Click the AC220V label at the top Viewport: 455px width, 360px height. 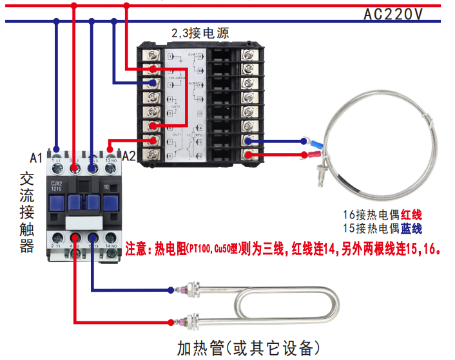point(394,14)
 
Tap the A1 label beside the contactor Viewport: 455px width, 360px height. point(37,156)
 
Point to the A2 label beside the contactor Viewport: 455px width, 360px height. point(128,156)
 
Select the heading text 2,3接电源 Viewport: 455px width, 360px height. point(200,33)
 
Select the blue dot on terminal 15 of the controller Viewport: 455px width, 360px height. point(249,140)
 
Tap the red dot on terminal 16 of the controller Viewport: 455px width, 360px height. point(249,155)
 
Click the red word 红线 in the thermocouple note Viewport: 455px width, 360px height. point(411,214)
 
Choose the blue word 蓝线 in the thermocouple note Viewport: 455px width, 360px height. point(411,229)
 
